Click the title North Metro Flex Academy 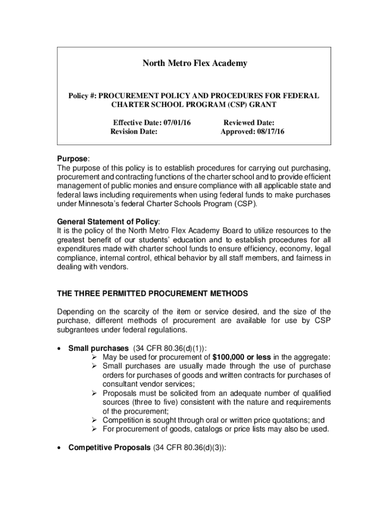tap(195, 63)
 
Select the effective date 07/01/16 tap(179, 122)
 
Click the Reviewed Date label tap(249, 122)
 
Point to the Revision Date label tap(134, 132)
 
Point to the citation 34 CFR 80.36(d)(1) tap(169, 348)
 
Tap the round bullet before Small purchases tap(60, 348)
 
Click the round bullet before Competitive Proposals tap(60, 447)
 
